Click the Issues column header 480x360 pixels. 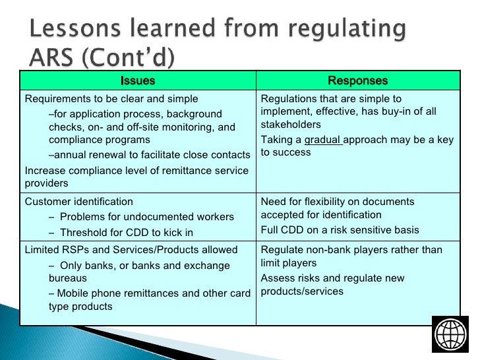138,81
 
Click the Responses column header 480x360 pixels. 358,81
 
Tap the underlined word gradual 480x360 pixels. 322,140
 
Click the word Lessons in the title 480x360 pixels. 74,30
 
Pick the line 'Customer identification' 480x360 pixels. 78,202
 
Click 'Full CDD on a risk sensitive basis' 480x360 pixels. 340,230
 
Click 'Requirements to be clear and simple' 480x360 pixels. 111,99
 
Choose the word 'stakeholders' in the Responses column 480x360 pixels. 291,125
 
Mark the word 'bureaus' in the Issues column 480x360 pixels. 69,278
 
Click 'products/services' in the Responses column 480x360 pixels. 302,291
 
